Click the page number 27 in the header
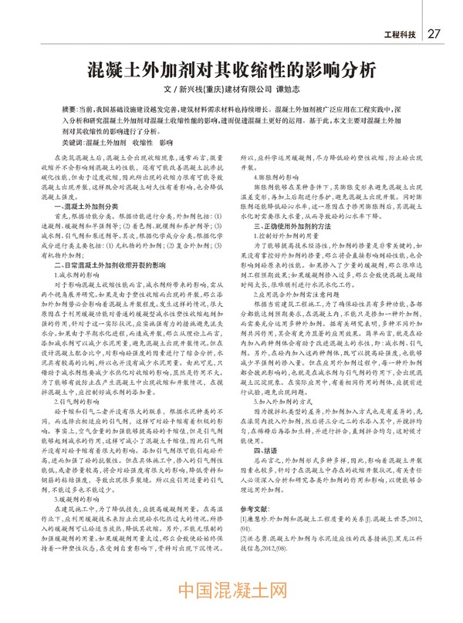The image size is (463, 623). click(x=434, y=34)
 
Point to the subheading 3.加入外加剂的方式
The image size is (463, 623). click(x=280, y=423)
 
